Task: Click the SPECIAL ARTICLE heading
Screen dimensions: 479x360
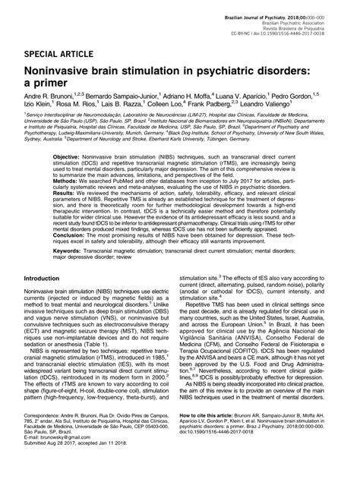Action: tap(59, 57)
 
